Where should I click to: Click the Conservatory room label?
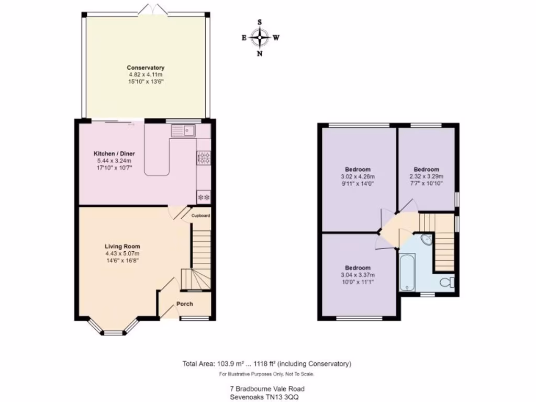(146, 68)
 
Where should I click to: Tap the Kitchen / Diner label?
(114, 153)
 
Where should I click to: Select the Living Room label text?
(122, 246)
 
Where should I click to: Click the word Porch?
(184, 304)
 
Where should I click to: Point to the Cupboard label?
(200, 216)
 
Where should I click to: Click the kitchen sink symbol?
(183, 130)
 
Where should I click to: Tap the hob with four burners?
(203, 157)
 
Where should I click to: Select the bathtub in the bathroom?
(407, 272)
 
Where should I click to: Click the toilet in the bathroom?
(446, 283)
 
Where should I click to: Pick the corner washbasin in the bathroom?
(427, 240)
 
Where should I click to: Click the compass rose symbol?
(260, 37)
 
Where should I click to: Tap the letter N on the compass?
(259, 53)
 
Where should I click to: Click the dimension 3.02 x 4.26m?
(358, 176)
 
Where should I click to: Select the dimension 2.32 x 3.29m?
(426, 176)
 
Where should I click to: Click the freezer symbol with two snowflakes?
(203, 197)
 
